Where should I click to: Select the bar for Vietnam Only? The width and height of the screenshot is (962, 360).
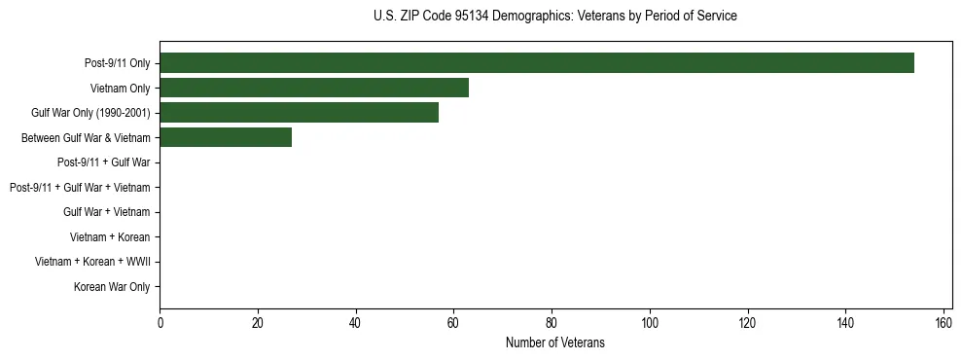point(314,88)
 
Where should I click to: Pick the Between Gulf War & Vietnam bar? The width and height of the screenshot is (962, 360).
point(226,138)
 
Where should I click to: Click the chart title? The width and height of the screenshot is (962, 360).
point(555,17)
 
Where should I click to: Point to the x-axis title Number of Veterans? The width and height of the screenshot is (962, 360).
point(555,342)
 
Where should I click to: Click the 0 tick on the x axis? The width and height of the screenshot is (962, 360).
point(160,322)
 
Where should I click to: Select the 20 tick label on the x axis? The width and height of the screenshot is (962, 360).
point(258,322)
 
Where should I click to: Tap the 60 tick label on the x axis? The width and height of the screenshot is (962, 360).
point(454,322)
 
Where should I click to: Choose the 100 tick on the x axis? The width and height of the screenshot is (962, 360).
point(650,322)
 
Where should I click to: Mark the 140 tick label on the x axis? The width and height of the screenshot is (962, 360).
point(845,322)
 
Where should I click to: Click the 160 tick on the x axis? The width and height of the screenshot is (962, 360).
point(944,322)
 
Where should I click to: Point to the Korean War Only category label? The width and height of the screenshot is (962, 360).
point(112,287)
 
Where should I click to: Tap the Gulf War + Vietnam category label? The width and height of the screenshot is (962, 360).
point(107,212)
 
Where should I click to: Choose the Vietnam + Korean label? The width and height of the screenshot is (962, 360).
point(110,237)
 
